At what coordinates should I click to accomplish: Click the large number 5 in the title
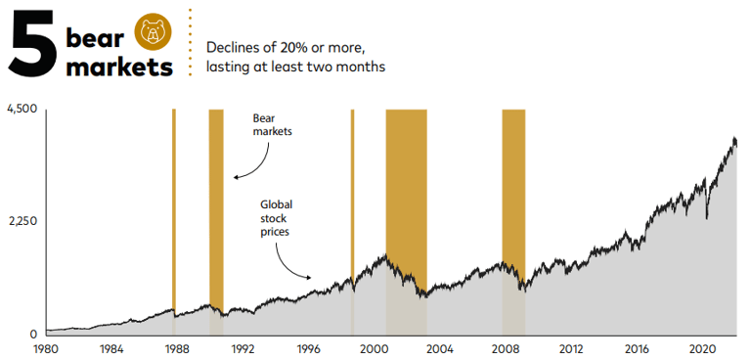tap(32, 44)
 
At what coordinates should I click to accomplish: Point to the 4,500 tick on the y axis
tap(22, 109)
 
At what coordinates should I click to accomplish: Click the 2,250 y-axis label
tap(22, 221)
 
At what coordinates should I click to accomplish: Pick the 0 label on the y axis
tap(32, 334)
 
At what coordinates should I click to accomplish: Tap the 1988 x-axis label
tap(177, 348)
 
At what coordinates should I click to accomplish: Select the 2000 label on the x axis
tap(375, 348)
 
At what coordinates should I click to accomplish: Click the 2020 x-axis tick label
tap(703, 348)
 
